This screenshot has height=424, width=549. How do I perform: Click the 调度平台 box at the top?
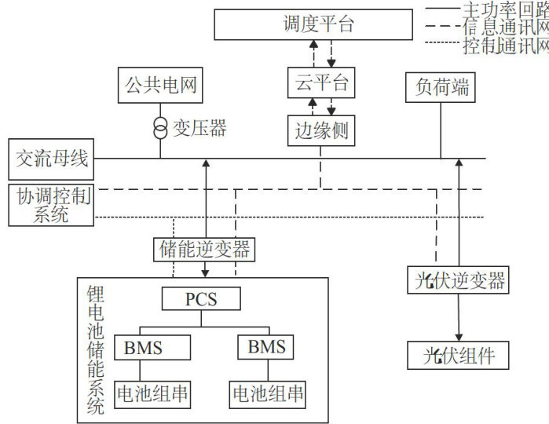click(313, 24)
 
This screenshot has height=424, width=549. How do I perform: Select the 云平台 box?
click(321, 82)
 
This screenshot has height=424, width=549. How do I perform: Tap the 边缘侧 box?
click(321, 130)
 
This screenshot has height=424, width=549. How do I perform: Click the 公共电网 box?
click(160, 85)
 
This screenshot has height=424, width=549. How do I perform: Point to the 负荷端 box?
click(441, 87)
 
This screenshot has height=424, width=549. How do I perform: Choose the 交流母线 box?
click(51, 159)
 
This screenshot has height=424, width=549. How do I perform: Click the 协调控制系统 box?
click(51, 205)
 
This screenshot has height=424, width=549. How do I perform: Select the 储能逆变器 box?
click(204, 249)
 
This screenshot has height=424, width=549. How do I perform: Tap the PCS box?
click(201, 298)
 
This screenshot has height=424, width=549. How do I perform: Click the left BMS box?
click(152, 347)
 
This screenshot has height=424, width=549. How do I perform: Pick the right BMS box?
click(265, 347)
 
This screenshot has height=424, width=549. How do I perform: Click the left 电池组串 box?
click(152, 395)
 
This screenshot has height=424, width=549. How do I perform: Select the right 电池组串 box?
click(268, 395)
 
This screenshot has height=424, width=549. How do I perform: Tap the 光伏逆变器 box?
click(458, 280)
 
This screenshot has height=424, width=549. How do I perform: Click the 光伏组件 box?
click(458, 356)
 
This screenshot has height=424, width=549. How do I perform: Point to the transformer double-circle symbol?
click(160, 128)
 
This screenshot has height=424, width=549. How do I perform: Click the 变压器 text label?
click(199, 128)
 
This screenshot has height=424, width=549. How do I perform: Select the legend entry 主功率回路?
click(487, 9)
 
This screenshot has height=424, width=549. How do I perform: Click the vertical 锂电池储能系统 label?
click(96, 350)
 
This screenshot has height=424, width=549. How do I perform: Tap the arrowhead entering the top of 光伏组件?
click(459, 337)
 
